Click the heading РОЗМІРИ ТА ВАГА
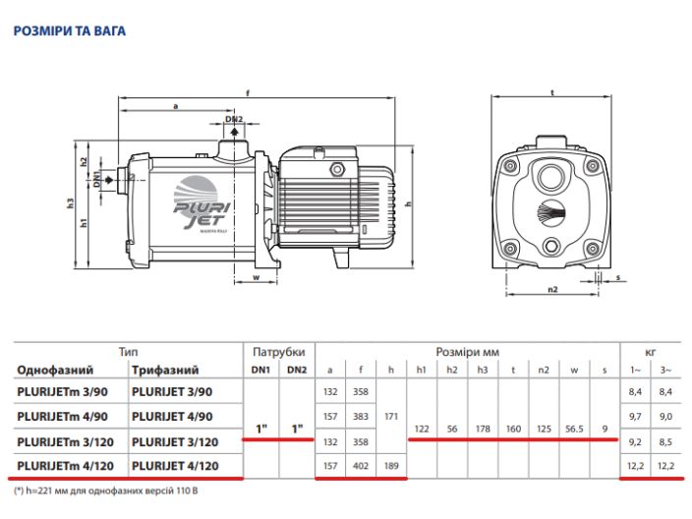click(69, 31)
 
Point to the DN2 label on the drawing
click(233, 120)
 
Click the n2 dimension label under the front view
click(551, 289)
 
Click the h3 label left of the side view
click(71, 202)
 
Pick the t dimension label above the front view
click(552, 92)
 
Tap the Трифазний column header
click(165, 371)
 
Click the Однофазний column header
click(55, 371)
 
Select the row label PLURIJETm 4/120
click(65, 466)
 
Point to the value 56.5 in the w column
click(576, 430)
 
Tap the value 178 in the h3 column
click(482, 430)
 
